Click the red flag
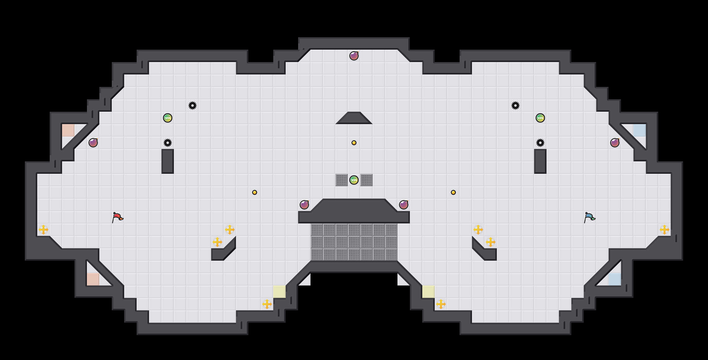pyautogui.click(x=117, y=217)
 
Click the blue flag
pyautogui.click(x=589, y=217)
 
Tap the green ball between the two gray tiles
pyautogui.click(x=354, y=180)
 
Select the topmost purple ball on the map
pyautogui.click(x=354, y=56)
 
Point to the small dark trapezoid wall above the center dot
pyautogui.click(x=354, y=118)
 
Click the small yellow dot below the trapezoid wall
pyautogui.click(x=354, y=143)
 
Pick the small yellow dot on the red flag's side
pyautogui.click(x=255, y=192)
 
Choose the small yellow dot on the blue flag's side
pyautogui.click(x=453, y=192)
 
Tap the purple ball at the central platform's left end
pyautogui.click(x=304, y=205)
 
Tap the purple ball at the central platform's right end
pyautogui.click(x=404, y=205)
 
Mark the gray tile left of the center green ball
pyautogui.click(x=342, y=180)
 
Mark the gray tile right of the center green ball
pyautogui.click(x=366, y=180)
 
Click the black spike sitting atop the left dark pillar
pyautogui.click(x=168, y=143)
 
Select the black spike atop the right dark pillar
pyautogui.click(x=540, y=143)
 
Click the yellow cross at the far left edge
pyautogui.click(x=43, y=230)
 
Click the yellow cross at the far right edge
pyautogui.click(x=665, y=230)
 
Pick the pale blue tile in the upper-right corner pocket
pyautogui.click(x=640, y=130)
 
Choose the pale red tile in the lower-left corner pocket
pyautogui.click(x=93, y=279)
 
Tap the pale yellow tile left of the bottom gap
pyautogui.click(x=279, y=292)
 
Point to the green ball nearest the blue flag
pyautogui.click(x=540, y=118)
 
